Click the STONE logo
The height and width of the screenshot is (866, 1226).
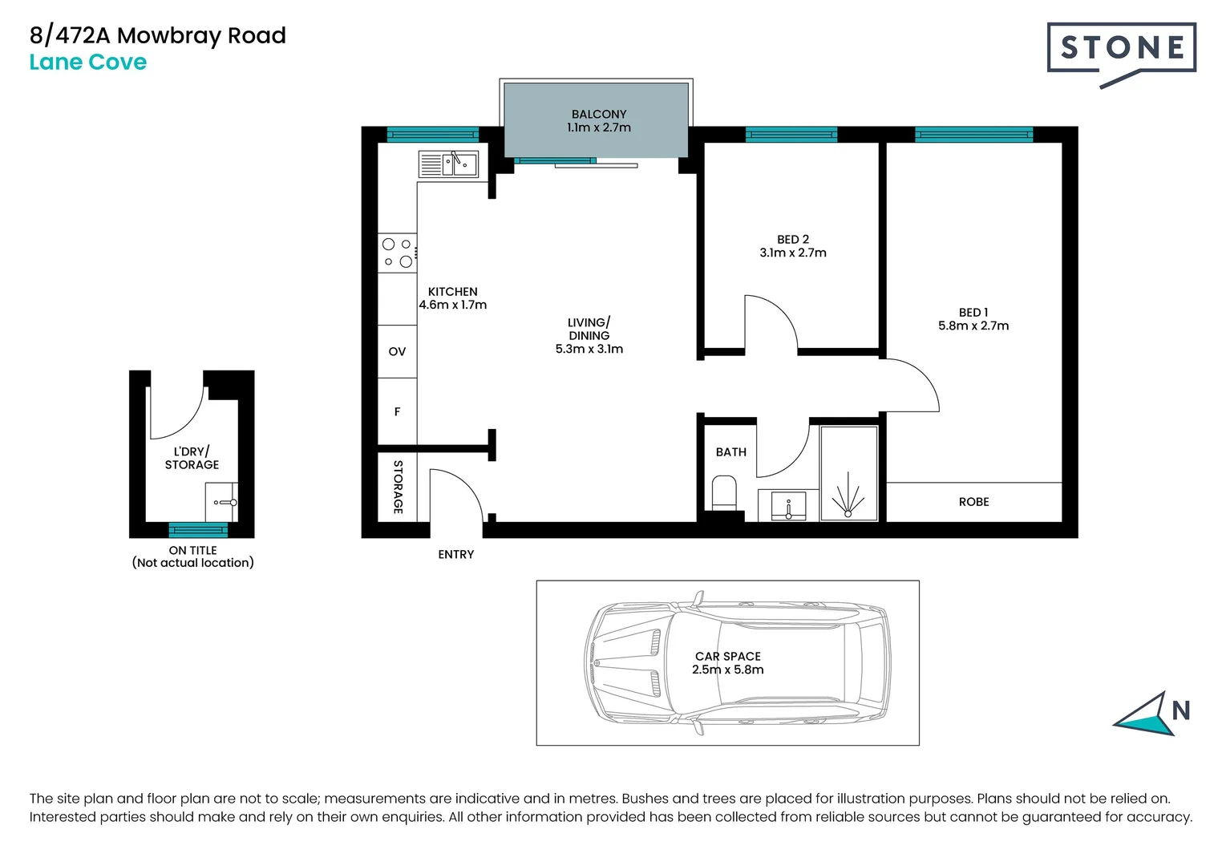(x=1122, y=54)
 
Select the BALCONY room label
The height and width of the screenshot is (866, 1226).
(x=599, y=115)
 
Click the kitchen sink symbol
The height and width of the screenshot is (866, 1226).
(x=448, y=164)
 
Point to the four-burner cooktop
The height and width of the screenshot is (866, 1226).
(x=398, y=253)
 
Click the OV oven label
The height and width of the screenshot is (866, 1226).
(x=398, y=352)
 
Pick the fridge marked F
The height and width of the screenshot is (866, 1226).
(x=398, y=411)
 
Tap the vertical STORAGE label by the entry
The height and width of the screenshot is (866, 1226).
(x=398, y=488)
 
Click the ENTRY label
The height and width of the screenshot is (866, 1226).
(x=456, y=555)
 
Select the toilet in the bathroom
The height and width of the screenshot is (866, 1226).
(x=724, y=493)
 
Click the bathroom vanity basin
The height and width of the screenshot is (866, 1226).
(x=789, y=506)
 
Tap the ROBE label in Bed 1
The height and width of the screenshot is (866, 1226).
(x=973, y=502)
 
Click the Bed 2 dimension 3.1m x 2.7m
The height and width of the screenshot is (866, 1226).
(x=793, y=253)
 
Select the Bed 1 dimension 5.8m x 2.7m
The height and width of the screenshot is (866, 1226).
(x=973, y=326)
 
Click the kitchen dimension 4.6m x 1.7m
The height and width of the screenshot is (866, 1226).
(x=453, y=305)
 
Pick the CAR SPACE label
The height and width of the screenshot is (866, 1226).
(x=728, y=657)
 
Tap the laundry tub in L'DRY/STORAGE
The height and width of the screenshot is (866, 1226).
(x=221, y=503)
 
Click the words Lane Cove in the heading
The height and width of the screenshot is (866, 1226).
(x=88, y=62)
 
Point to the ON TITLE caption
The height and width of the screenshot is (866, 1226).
(x=192, y=551)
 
